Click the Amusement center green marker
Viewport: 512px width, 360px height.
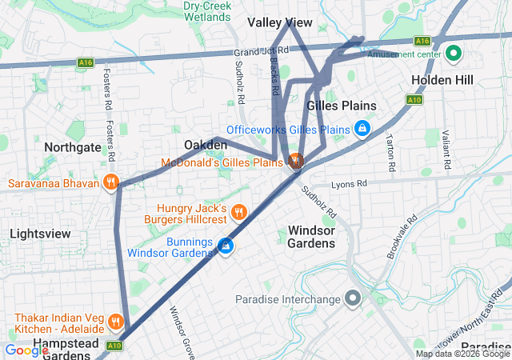(x=453, y=54)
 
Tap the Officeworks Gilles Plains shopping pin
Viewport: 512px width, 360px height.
(x=362, y=129)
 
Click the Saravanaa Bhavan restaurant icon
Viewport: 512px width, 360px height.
(x=110, y=183)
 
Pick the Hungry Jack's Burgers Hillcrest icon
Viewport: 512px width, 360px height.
(x=239, y=213)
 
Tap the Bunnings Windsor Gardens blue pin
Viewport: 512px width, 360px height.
(x=226, y=246)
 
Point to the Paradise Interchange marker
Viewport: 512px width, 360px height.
(x=353, y=299)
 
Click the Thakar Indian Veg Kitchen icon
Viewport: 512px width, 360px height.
(x=116, y=322)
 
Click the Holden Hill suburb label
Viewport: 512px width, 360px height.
(x=442, y=80)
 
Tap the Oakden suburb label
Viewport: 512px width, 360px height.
(x=206, y=144)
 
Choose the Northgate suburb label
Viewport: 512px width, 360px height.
(x=73, y=147)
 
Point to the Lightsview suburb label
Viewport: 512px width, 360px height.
(x=40, y=234)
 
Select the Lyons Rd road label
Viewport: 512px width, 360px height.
(x=349, y=183)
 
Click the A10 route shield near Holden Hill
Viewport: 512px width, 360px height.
(x=414, y=100)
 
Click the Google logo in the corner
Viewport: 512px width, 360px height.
(x=26, y=350)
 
